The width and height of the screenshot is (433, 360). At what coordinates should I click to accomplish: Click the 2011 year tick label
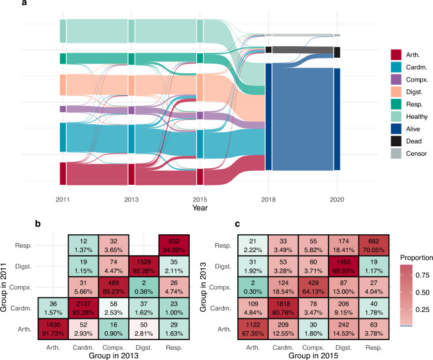(x=63, y=199)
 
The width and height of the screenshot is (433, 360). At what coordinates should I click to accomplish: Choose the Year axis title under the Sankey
(x=200, y=208)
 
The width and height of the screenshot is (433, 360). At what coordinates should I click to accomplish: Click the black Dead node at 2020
(x=337, y=52)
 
